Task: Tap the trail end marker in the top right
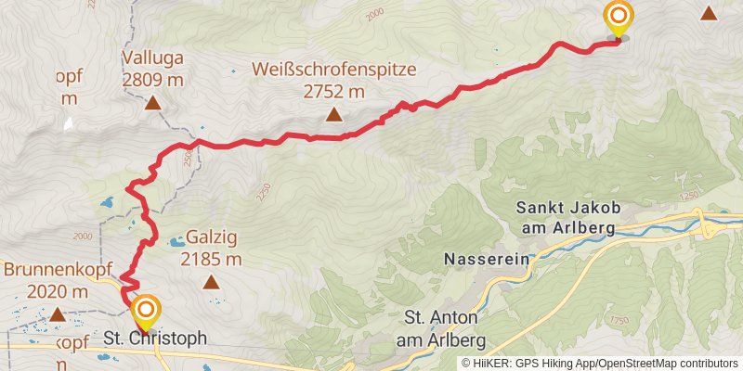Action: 618,18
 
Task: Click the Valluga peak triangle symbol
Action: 152,105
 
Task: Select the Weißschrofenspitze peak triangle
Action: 333,115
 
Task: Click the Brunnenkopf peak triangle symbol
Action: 58,314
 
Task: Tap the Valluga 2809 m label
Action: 152,69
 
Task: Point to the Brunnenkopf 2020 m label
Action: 46,280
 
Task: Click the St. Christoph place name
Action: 155,339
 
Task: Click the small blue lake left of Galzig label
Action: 175,243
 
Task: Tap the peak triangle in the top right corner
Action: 709,13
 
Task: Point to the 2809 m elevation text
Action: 152,80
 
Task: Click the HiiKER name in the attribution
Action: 489,364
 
